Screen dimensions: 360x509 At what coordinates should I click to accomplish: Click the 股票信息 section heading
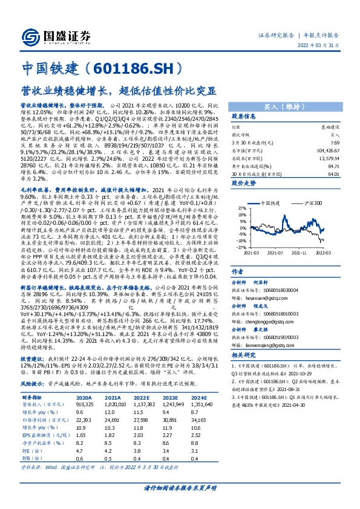click(x=244, y=117)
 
